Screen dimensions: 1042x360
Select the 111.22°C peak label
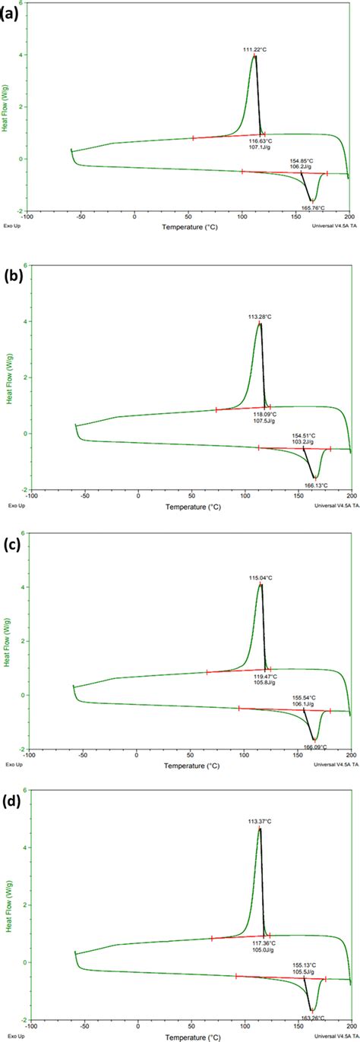(x=255, y=49)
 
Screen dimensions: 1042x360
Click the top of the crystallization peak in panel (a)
(x=254, y=56)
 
